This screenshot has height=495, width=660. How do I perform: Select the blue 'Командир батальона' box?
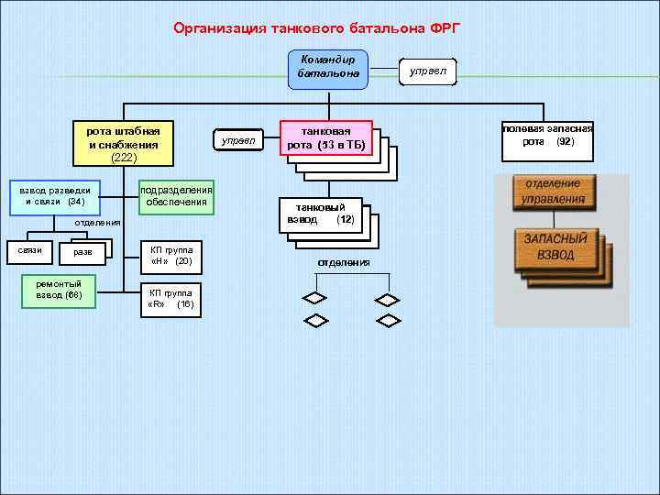[x=327, y=68]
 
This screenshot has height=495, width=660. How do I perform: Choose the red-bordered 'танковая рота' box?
[x=325, y=139]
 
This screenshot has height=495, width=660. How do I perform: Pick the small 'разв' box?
[x=82, y=253]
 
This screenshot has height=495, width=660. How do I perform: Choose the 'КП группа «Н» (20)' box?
[x=170, y=256]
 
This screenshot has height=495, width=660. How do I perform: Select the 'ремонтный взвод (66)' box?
[x=59, y=290]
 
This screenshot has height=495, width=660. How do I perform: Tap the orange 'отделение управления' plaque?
[x=552, y=192]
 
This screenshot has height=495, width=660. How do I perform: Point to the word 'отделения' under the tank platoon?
[x=344, y=263]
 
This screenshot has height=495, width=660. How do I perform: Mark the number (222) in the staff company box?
[x=124, y=158]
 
